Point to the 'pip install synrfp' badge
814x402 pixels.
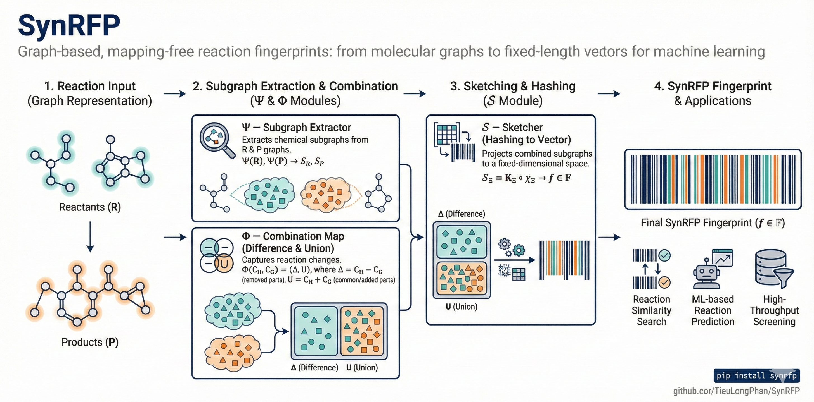pyautogui.click(x=756, y=375)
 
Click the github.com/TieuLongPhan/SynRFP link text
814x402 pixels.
pyautogui.click(x=736, y=391)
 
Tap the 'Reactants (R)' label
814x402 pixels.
pyautogui.click(x=90, y=207)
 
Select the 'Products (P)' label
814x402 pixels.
pyautogui.click(x=90, y=342)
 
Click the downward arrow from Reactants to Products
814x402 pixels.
pyautogui.click(x=90, y=236)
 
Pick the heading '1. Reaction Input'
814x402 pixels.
pyautogui.click(x=90, y=86)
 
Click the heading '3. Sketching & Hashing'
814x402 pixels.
pyautogui.click(x=513, y=86)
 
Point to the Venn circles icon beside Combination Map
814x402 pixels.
pyautogui.click(x=217, y=255)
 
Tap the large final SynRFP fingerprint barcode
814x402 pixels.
pyautogui.click(x=713, y=179)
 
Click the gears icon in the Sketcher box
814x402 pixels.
pyautogui.click(x=511, y=247)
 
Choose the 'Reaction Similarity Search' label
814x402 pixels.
pyautogui.click(x=651, y=310)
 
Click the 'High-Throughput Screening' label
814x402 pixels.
pyautogui.click(x=774, y=310)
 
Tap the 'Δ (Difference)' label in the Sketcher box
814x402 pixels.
pyautogui.click(x=461, y=214)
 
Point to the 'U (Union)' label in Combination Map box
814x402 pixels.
pyautogui.click(x=362, y=367)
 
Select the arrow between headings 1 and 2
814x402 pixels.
pyautogui.click(x=175, y=94)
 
